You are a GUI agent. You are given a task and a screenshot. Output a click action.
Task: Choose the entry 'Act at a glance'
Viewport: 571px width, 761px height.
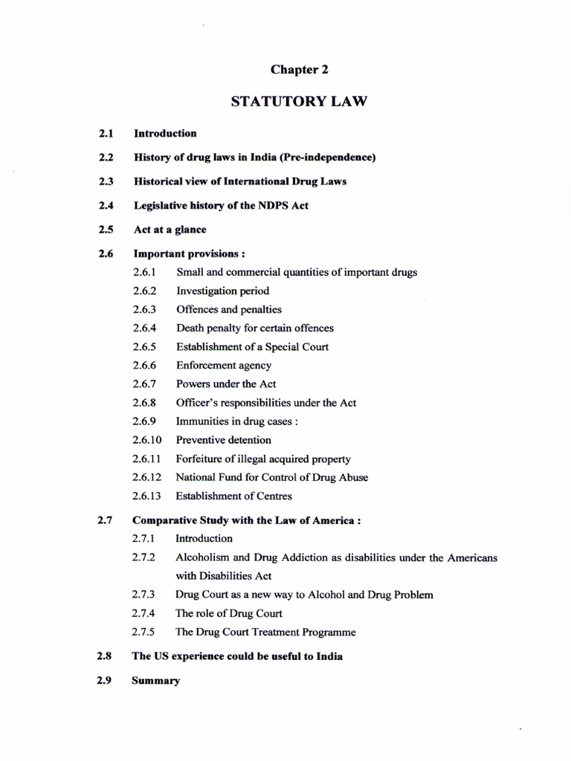(x=170, y=230)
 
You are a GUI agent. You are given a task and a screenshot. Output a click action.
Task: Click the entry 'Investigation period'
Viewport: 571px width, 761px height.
(x=222, y=291)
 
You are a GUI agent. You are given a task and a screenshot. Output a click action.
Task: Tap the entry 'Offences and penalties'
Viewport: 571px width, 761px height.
(x=228, y=309)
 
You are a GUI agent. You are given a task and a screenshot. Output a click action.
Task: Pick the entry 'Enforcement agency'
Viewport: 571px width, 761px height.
(x=223, y=365)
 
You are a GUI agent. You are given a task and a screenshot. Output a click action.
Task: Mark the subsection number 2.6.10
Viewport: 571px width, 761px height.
(x=147, y=440)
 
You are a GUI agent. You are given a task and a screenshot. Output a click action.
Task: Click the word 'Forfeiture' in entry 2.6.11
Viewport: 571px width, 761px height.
(x=201, y=459)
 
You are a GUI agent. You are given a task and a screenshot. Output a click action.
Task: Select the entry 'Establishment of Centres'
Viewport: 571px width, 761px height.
(x=233, y=496)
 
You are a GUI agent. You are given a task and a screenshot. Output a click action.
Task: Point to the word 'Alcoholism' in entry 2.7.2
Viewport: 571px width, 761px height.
(x=201, y=557)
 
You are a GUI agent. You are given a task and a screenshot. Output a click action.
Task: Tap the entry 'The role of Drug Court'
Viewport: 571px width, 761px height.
(x=228, y=614)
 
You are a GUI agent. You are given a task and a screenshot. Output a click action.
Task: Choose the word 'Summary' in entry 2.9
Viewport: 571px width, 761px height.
(x=155, y=681)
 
